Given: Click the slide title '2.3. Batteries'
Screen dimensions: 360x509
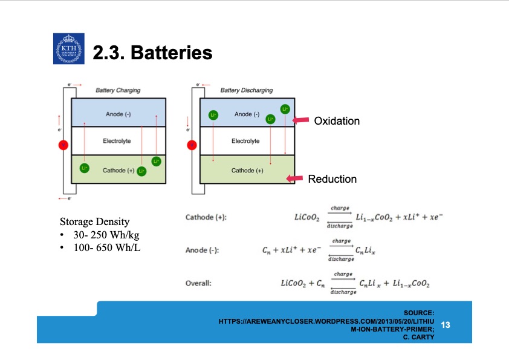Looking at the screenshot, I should pyautogui.click(x=152, y=53).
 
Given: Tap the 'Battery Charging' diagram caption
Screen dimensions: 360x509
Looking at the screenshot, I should pyautogui.click(x=118, y=90).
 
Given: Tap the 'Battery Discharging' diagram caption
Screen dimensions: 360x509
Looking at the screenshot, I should pyautogui.click(x=247, y=90).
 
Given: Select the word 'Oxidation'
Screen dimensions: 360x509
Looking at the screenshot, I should pyautogui.click(x=337, y=121).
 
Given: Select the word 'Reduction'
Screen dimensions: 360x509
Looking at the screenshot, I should pyautogui.click(x=332, y=179).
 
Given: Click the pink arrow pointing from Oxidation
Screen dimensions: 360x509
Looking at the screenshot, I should pyautogui.click(x=300, y=121).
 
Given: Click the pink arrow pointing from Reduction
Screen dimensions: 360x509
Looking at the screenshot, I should pyautogui.click(x=294, y=178).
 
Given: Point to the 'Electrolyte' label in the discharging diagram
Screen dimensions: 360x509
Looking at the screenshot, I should pyautogui.click(x=245, y=141).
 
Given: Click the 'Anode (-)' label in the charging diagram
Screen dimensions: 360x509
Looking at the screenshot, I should pyautogui.click(x=118, y=114).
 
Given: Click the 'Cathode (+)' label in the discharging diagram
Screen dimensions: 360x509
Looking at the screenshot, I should pyautogui.click(x=247, y=171).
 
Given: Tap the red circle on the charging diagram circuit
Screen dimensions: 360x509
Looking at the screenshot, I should pyautogui.click(x=63, y=145).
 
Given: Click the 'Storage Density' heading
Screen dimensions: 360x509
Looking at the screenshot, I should pyautogui.click(x=94, y=221).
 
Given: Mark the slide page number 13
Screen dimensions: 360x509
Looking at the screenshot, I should pyautogui.click(x=446, y=325).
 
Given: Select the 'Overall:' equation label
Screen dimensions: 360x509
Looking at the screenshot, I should pyautogui.click(x=198, y=283).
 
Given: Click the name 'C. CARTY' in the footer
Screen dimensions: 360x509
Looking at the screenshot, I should pyautogui.click(x=419, y=337).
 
